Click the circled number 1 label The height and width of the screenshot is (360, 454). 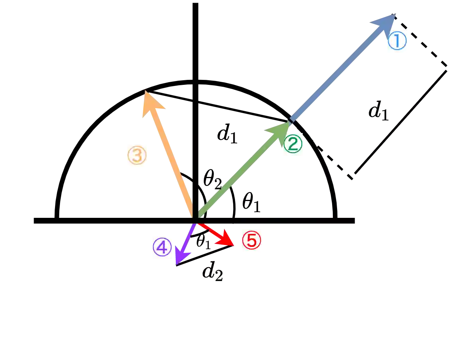pyautogui.click(x=397, y=41)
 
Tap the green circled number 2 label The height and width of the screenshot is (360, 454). pyautogui.click(x=292, y=144)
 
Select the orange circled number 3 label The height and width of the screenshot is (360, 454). pyautogui.click(x=136, y=156)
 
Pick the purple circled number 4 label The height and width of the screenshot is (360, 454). pyautogui.click(x=162, y=248)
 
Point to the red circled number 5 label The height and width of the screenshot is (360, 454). pyautogui.click(x=252, y=241)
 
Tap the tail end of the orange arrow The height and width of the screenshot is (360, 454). pyautogui.click(x=191, y=214)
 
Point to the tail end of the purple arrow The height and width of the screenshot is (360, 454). pyautogui.click(x=194, y=225)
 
